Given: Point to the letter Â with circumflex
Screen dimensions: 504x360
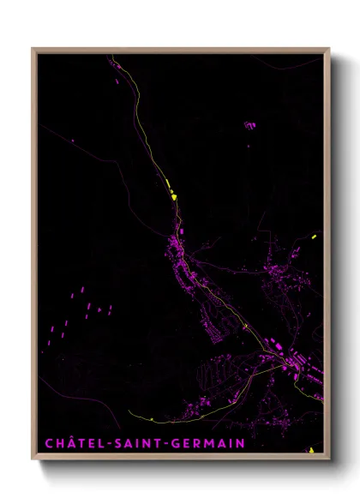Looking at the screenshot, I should pos(66,442).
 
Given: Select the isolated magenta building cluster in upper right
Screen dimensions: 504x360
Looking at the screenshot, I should pos(249,125).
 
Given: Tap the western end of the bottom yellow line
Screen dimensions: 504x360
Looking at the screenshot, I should pos(129,412).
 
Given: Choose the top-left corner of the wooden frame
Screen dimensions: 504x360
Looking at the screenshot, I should pos(33,49).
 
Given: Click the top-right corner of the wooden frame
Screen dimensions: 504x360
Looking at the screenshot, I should pos(329,49).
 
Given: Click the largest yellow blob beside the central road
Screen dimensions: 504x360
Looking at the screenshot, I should pos(174,197).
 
